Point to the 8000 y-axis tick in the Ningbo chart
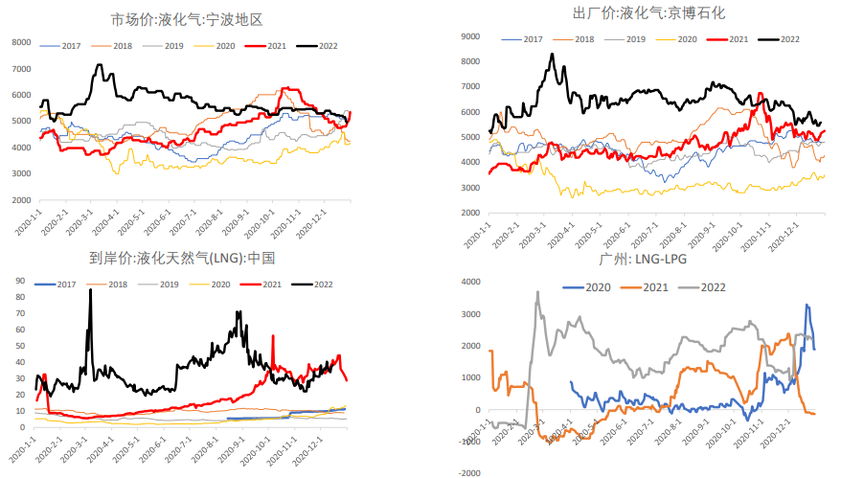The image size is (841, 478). click(21, 42)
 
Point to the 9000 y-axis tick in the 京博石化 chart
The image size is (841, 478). click(470, 36)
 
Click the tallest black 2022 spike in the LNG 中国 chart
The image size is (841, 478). click(90, 290)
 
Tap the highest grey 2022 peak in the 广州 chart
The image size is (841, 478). click(538, 292)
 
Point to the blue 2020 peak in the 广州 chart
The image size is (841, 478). click(807, 306)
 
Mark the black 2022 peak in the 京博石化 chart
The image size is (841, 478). click(552, 55)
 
